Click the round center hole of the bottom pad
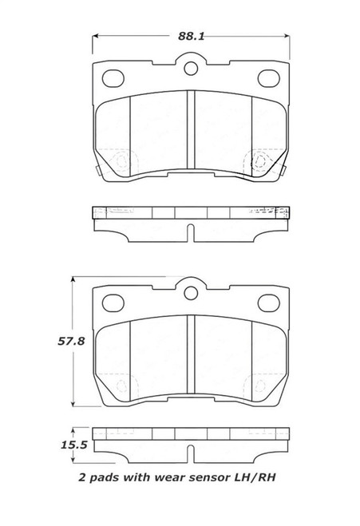[191, 292]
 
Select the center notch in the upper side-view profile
[191, 231]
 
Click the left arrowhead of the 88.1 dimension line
[98, 36]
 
